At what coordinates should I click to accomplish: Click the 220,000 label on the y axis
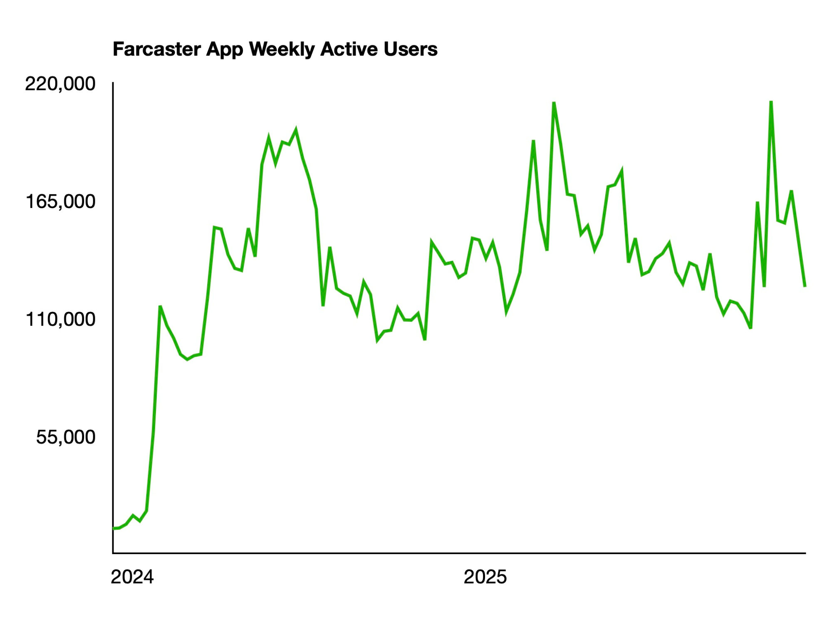[60, 84]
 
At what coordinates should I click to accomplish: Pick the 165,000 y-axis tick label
[61, 202]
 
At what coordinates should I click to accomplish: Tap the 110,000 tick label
[61, 319]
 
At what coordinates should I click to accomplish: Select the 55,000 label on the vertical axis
[66, 437]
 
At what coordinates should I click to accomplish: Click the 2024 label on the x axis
[132, 577]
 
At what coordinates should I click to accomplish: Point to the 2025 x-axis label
[485, 577]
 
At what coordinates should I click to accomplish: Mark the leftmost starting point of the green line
[114, 528]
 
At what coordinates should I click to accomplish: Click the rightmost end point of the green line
[805, 286]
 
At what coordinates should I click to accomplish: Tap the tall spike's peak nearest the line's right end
[771, 101]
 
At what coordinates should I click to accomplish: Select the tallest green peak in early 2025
[554, 102]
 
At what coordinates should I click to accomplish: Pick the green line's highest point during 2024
[296, 130]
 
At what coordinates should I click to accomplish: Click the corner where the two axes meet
[113, 553]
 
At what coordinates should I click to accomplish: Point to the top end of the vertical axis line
[113, 83]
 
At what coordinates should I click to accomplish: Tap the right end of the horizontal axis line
[805, 553]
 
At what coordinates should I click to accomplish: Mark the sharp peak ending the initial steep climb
[160, 307]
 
